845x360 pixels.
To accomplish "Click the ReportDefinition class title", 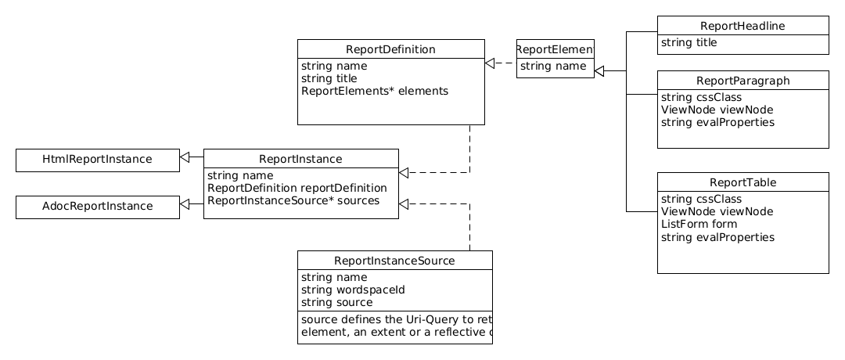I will point(390,49).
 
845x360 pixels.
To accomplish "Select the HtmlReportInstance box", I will point(97,160).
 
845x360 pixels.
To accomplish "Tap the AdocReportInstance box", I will point(97,207).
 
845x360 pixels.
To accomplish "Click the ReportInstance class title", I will point(300,159).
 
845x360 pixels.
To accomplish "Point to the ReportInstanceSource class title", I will point(394,261).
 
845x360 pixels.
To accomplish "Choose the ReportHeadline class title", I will point(743,27).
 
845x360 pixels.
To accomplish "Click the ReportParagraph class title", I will point(743,81).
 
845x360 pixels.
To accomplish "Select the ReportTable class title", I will point(743,183).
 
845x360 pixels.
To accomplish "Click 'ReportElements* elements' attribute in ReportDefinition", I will point(374,91).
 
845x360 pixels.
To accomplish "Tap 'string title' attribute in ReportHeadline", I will point(689,43).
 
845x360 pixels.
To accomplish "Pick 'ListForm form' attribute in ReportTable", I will point(699,225).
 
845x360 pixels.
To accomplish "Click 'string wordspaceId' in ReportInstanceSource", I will point(352,290).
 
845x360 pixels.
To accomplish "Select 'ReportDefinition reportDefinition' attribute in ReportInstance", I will point(297,188).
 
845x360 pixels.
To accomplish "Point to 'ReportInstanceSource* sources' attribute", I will point(293,200).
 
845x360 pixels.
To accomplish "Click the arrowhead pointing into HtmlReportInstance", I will point(185,157).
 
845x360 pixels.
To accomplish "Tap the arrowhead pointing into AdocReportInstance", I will point(185,204).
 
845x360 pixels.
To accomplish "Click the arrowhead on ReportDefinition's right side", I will point(490,63).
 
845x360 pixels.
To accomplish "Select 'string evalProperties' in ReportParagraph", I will point(717,123).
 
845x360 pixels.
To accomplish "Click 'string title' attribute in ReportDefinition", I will point(329,78).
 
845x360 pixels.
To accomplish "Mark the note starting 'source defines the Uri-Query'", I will point(396,326).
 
